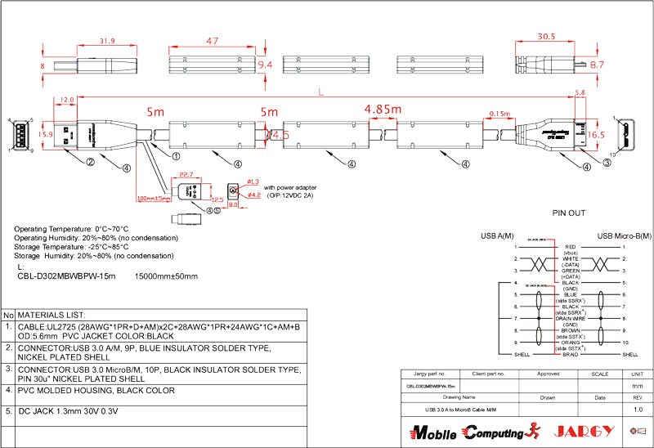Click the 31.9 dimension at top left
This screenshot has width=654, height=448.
[106, 40]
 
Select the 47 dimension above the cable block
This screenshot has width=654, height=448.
[212, 41]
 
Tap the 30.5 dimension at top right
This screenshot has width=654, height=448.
[546, 37]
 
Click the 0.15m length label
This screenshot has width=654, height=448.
[499, 113]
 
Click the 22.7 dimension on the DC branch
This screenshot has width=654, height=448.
[186, 174]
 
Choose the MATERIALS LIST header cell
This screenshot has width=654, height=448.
[52, 314]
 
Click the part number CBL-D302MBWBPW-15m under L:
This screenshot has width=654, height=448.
[65, 276]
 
